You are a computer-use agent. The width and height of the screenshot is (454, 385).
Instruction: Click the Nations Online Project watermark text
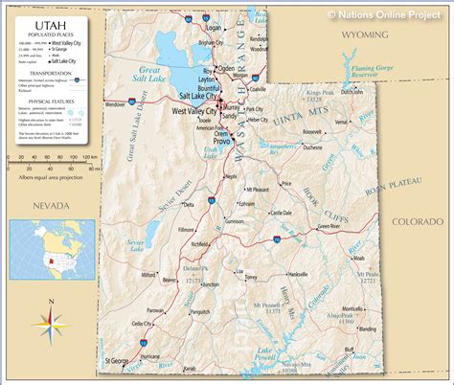pyautogui.click(x=390, y=13)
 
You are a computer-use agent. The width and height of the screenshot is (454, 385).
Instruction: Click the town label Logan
pyautogui.click(x=213, y=30)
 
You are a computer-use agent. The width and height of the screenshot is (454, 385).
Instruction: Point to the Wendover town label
pyautogui.click(x=114, y=103)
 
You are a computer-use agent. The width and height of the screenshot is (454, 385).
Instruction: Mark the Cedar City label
pyautogui.click(x=141, y=325)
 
